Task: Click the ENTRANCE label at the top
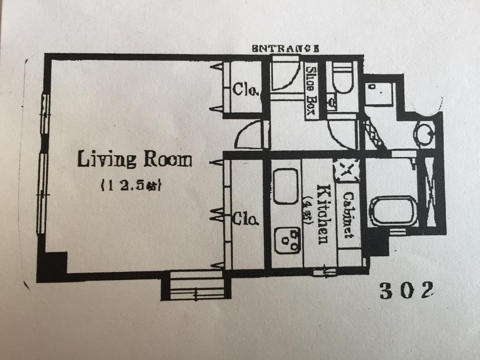point(285,48)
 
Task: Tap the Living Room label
point(135,160)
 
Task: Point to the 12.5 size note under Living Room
point(131,186)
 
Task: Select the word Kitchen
point(322,214)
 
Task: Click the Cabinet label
point(348,215)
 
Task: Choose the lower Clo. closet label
point(246,218)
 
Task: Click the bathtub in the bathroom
point(393,211)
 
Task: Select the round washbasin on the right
point(425,135)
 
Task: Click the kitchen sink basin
point(285,186)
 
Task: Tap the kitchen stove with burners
point(287,240)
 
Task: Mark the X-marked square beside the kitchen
point(346,170)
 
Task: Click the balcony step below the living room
point(196,287)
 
